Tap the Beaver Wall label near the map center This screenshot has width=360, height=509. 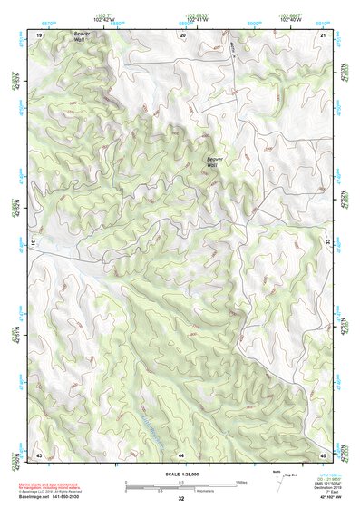coord(214,162)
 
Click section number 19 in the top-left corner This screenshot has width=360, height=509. coord(39,34)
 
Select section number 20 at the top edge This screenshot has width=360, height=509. coord(183,34)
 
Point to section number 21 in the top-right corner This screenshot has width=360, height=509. coord(323,34)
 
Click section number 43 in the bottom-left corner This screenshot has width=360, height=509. coord(39,453)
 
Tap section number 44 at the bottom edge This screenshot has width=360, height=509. coord(181,453)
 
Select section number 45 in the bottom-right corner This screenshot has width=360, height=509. coord(323,453)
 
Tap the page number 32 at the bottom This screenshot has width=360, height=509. coord(180,499)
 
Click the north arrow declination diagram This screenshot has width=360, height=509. coord(276,479)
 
